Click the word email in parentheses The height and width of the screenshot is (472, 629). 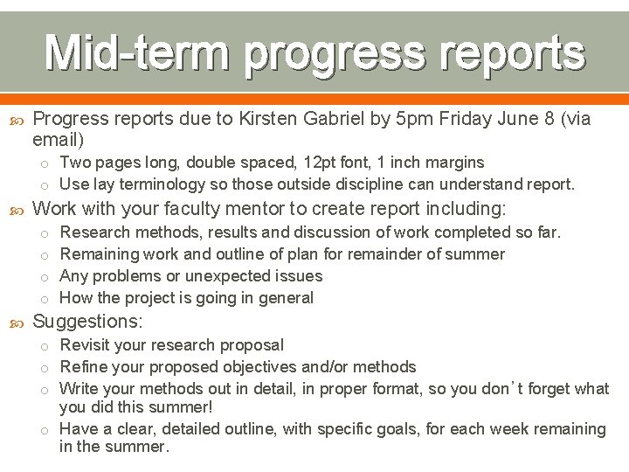tap(55, 140)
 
